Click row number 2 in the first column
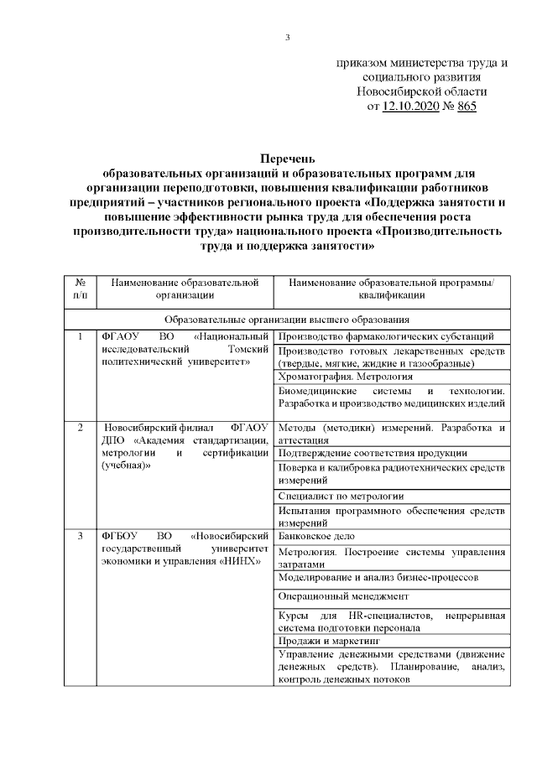pyautogui.click(x=80, y=428)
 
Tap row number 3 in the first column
pyautogui.click(x=80, y=535)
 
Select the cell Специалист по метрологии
pyautogui.click(x=340, y=496)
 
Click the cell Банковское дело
pyautogui.click(x=315, y=535)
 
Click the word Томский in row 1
pyautogui.click(x=248, y=349)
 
